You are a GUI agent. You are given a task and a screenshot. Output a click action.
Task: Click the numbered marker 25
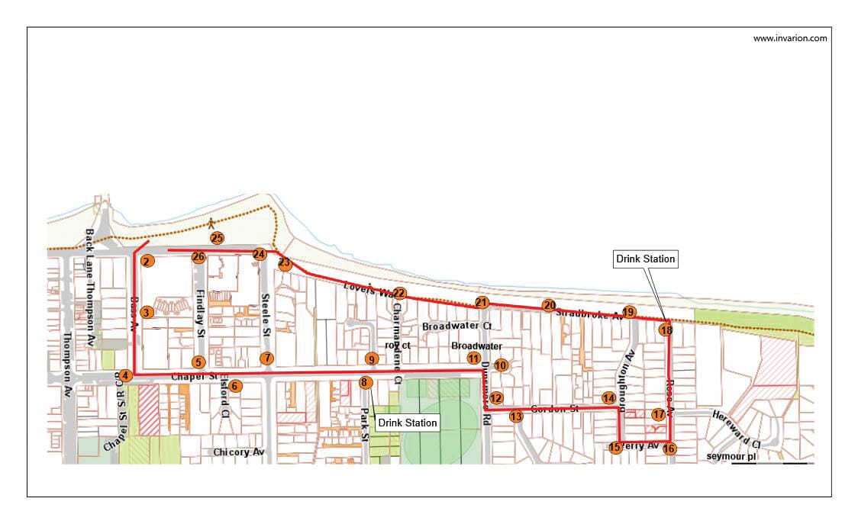point(218,238)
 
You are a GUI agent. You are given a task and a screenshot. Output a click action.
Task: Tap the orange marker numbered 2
point(147,262)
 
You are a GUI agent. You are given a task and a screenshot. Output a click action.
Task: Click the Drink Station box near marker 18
point(646,259)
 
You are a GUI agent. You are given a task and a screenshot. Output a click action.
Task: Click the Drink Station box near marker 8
point(408,423)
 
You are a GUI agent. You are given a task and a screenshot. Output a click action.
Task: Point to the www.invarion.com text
point(789,38)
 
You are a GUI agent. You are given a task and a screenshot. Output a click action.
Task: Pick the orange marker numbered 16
point(669,448)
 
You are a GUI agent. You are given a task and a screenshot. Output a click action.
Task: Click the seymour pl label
point(731,456)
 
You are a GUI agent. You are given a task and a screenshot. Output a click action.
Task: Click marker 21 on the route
point(481,302)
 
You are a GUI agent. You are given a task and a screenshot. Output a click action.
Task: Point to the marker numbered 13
point(516,416)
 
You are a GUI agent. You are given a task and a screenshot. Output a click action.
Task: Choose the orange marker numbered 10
point(500,365)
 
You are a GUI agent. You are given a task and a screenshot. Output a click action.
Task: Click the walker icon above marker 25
point(211,223)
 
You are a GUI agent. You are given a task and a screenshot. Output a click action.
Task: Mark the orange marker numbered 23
point(285,264)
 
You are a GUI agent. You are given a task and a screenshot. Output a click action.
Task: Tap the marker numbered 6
point(235,386)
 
